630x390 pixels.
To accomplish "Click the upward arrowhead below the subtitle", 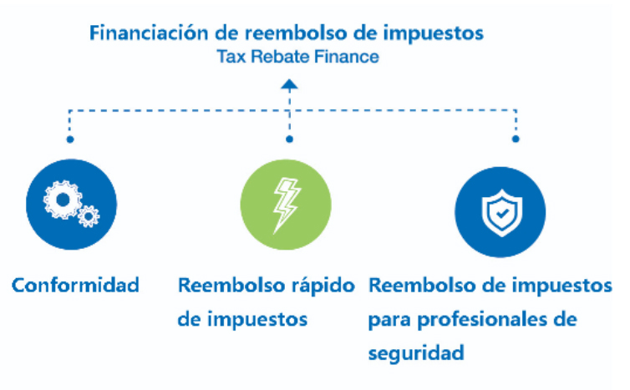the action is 289,84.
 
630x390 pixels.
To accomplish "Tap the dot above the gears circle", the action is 70,139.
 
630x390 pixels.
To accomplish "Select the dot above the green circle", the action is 289,139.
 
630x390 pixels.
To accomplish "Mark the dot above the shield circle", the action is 516,139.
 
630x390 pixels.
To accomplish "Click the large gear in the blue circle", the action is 63,200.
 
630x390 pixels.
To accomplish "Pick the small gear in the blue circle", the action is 89,216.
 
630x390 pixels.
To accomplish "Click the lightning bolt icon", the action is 286,205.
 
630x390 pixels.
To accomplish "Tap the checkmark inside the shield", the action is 502,213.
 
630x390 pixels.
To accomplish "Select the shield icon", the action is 502,213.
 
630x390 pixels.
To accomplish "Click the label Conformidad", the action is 75,286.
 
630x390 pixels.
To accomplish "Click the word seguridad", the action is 416,353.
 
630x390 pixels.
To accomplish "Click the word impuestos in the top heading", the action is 433,33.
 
